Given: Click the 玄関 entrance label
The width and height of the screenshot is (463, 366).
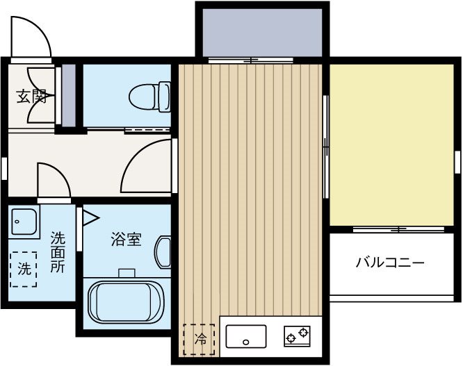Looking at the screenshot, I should click(32, 96).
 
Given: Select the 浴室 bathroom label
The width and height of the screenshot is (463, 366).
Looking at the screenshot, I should click(126, 240).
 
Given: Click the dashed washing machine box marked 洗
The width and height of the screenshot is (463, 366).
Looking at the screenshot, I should click(24, 267).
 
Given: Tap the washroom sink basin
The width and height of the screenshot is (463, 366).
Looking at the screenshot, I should click(24, 222).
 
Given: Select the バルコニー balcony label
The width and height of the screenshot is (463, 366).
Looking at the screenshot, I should click(389, 263).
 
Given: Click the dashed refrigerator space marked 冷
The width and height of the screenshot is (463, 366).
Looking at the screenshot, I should click(200, 340).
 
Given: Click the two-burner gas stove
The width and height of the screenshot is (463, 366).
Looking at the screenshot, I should click(296, 337).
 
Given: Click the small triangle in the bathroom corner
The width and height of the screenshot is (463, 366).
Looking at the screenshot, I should click(90, 219).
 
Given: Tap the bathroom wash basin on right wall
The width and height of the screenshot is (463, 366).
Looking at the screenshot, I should click(164, 251).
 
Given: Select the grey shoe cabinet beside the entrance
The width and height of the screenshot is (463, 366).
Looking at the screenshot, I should click(69, 95).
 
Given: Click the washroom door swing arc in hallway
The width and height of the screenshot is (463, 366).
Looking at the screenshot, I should click(54, 181).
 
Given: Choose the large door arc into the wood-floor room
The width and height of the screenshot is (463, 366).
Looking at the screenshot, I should click(148, 167).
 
